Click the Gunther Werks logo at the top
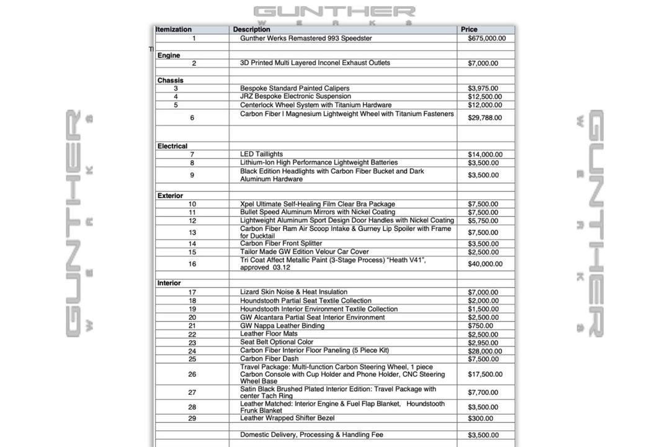click(x=334, y=14)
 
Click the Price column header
click(x=469, y=29)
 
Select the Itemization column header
click(x=174, y=29)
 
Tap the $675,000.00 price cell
click(x=486, y=38)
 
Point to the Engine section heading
click(x=169, y=55)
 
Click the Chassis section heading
click(x=171, y=80)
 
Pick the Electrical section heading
click(x=172, y=146)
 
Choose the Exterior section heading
click(x=170, y=196)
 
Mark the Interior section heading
click(x=169, y=283)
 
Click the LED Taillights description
click(x=261, y=154)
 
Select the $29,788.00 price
click(x=485, y=118)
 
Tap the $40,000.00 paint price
click(x=485, y=264)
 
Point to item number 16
click(x=192, y=264)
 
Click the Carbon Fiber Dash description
click(x=269, y=358)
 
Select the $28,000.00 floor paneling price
click(x=485, y=351)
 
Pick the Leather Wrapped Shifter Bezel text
click(x=287, y=418)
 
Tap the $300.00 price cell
click(x=481, y=419)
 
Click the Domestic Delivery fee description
click(x=311, y=435)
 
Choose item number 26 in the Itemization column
click(x=192, y=374)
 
